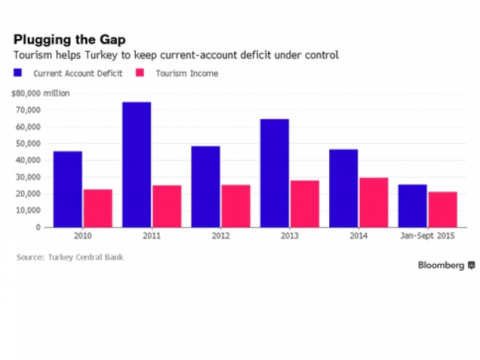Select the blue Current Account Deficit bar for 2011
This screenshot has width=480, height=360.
click(x=136, y=164)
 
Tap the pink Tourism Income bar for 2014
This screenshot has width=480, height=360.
click(x=373, y=202)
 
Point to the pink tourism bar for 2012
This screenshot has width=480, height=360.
click(x=235, y=205)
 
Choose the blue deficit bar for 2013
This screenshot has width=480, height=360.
click(x=274, y=172)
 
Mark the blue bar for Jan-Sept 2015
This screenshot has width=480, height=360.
click(x=412, y=205)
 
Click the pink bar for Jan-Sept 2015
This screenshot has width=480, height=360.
click(x=442, y=209)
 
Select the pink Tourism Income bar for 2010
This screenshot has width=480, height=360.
click(x=97, y=208)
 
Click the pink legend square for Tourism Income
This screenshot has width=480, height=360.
click(x=139, y=73)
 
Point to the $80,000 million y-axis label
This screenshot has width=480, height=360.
click(x=40, y=93)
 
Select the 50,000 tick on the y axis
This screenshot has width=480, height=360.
click(x=29, y=143)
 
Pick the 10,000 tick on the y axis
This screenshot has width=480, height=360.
click(x=29, y=210)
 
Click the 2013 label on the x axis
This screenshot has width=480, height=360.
click(x=289, y=237)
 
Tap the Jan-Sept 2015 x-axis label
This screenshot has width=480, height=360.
click(x=427, y=237)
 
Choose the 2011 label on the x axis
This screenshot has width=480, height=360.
click(x=151, y=237)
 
